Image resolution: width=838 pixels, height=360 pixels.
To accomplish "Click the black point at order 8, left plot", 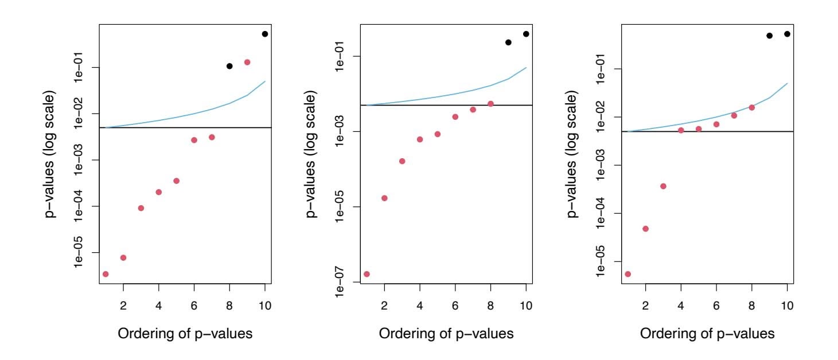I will [x=229, y=66].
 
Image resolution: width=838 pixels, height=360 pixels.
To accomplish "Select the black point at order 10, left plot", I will [x=265, y=34].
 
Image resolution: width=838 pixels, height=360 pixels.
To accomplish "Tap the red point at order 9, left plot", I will [x=247, y=62].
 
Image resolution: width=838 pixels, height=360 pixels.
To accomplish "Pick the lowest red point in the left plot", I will [x=106, y=274].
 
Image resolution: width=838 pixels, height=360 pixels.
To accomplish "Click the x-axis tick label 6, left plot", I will [x=194, y=305].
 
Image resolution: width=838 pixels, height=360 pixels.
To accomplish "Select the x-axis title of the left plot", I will [x=185, y=333].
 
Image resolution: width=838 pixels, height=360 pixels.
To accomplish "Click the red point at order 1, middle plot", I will [x=367, y=274].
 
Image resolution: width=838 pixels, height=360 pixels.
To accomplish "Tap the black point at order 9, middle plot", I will [x=508, y=42].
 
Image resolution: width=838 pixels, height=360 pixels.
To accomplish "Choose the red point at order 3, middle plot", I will [x=402, y=161].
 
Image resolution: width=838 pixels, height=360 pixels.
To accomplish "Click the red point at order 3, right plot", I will [x=663, y=186].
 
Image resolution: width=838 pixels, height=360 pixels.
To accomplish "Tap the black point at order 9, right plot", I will [x=770, y=36].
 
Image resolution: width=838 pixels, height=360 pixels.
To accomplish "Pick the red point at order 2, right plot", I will [x=645, y=229].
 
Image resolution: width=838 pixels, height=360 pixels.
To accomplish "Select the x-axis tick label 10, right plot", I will [x=787, y=305].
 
